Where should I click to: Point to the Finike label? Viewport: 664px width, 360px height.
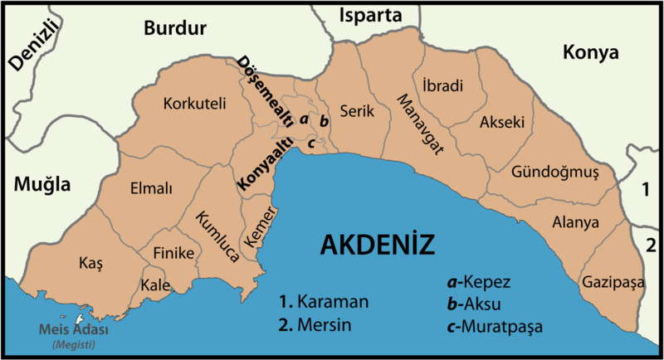tap(173, 252)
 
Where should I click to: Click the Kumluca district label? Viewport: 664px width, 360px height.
tap(217, 236)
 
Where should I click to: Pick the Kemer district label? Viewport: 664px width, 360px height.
tap(260, 226)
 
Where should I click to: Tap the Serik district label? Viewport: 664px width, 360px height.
tap(358, 110)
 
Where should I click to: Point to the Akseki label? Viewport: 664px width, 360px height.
tap(502, 122)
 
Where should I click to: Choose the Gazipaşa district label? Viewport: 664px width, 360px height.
tap(613, 282)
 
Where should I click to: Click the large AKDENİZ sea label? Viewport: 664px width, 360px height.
tap(378, 245)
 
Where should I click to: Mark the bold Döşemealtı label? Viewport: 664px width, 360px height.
tap(266, 91)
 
